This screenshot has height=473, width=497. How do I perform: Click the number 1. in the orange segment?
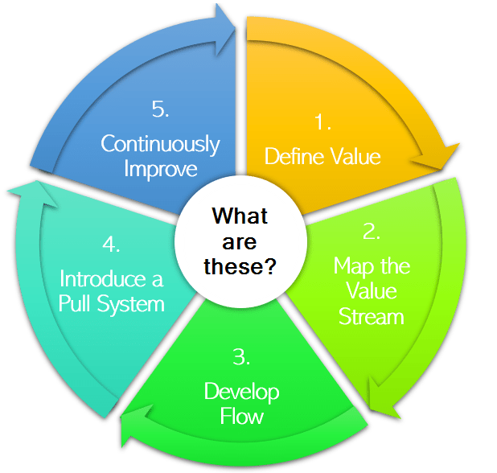point(323,123)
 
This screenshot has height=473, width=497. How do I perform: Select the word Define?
point(290,156)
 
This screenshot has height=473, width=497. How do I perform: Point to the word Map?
point(351,265)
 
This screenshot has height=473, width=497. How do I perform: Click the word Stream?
point(372,315)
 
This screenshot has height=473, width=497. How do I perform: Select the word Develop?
point(241,392)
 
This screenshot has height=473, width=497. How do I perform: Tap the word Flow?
point(242,416)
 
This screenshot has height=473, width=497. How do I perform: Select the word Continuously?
point(160,144)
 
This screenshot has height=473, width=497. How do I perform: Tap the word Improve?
point(160,170)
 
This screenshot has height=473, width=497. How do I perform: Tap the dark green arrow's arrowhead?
point(133,426)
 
